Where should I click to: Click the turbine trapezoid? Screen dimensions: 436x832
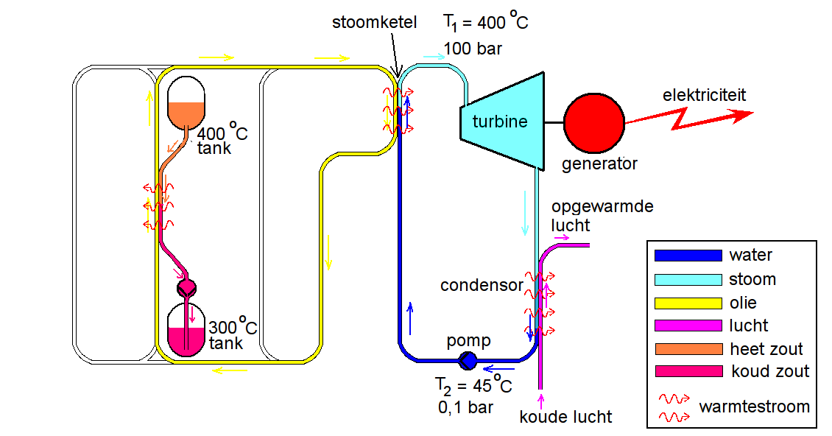click(x=501, y=122)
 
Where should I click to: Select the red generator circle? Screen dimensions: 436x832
click(x=594, y=122)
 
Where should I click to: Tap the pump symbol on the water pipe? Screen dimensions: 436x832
click(x=467, y=361)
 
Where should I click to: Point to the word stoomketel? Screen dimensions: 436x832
click(x=374, y=23)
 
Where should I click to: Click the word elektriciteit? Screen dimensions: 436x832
click(x=704, y=95)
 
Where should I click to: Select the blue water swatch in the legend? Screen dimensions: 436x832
click(x=688, y=256)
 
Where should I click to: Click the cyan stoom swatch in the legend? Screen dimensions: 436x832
click(x=688, y=279)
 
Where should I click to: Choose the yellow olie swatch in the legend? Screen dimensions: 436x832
click(x=688, y=303)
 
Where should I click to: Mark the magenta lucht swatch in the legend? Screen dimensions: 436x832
click(x=688, y=326)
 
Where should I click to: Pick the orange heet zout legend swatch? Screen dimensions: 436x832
click(x=688, y=348)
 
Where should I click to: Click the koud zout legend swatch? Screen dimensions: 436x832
click(x=688, y=371)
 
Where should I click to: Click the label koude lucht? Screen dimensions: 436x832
click(x=565, y=418)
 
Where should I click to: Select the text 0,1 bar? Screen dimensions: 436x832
click(x=465, y=406)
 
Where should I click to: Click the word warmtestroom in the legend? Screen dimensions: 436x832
click(x=754, y=407)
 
